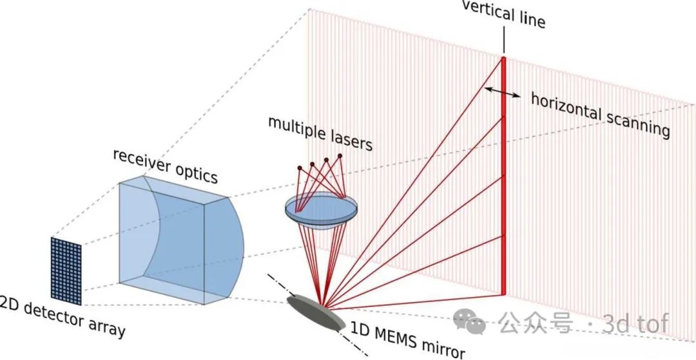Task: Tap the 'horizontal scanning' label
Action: [599, 115]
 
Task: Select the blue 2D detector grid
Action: [66, 270]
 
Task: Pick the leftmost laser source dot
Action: [300, 168]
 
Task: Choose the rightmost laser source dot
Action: [340, 155]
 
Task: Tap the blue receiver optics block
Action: [177, 242]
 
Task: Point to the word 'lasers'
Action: [351, 140]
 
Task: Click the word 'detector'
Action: [59, 316]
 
